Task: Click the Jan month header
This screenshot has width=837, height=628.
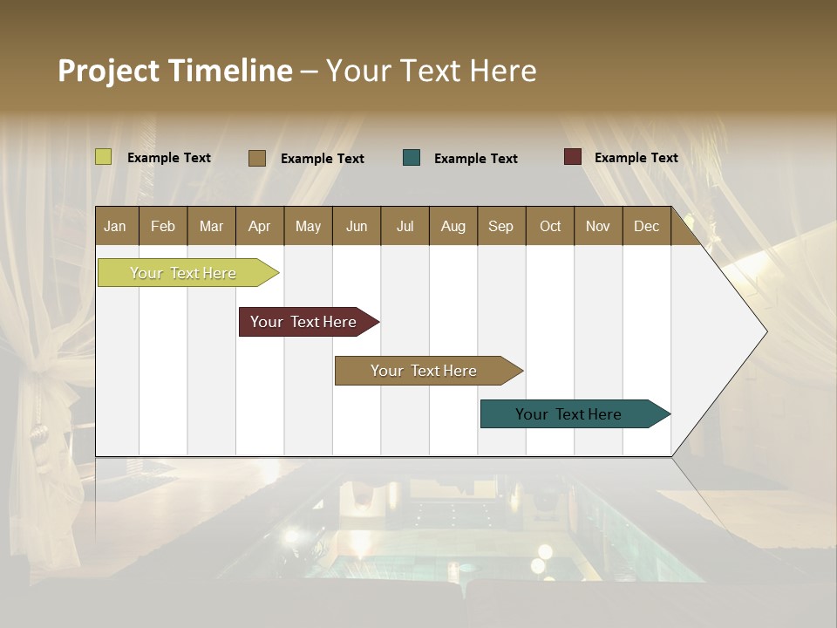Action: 116,226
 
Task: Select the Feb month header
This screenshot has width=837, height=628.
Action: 163,226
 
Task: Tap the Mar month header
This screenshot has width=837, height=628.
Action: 211,226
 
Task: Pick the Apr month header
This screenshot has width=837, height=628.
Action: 260,226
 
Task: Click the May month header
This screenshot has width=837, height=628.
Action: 308,226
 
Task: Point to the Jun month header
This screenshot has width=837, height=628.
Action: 357,226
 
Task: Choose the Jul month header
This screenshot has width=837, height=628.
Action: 405,226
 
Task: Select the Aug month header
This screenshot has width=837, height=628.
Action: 453,226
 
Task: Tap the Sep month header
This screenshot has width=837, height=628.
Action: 501,226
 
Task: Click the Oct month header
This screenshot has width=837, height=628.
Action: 550,226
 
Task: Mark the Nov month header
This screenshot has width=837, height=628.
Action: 598,226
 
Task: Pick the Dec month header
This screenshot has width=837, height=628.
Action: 647,226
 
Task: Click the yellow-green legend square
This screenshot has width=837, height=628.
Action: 104,157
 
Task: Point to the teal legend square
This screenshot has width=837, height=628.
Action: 412,158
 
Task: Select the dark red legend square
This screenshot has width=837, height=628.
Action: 572,157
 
